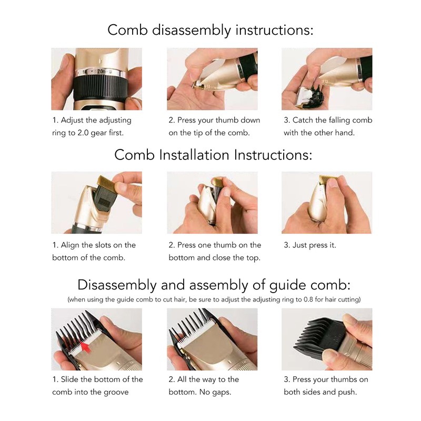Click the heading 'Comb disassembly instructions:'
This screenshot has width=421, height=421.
click(x=210, y=30)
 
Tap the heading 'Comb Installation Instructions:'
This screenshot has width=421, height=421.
click(x=213, y=155)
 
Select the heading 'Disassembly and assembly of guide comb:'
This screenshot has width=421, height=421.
click(x=214, y=285)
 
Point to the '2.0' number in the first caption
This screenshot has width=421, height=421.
click(x=83, y=133)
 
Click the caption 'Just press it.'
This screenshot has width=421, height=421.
click(x=314, y=245)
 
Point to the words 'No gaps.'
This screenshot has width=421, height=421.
click(x=215, y=392)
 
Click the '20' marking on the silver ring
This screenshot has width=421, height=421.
click(x=101, y=72)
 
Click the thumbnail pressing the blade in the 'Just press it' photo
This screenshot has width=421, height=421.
click(x=333, y=184)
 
